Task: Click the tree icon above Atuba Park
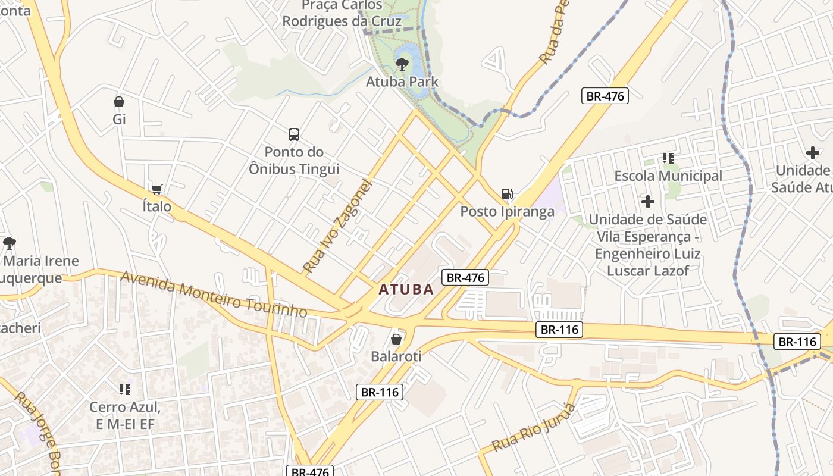[402, 63]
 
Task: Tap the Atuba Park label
[402, 82]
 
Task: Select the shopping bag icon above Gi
[119, 102]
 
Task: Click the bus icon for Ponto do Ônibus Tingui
[294, 134]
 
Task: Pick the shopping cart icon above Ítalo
[157, 190]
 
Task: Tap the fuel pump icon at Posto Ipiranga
[507, 194]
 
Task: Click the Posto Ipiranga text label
[507, 212]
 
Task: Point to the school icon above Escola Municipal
[668, 158]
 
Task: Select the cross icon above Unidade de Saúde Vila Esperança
[648, 202]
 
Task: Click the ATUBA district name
[406, 290]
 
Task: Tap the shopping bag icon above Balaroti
[396, 339]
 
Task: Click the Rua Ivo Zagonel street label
[337, 226]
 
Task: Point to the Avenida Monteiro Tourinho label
[214, 294]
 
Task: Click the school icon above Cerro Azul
[125, 390]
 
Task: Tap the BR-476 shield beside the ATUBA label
[465, 277]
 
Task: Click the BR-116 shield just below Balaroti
[380, 392]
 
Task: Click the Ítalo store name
[157, 206]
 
